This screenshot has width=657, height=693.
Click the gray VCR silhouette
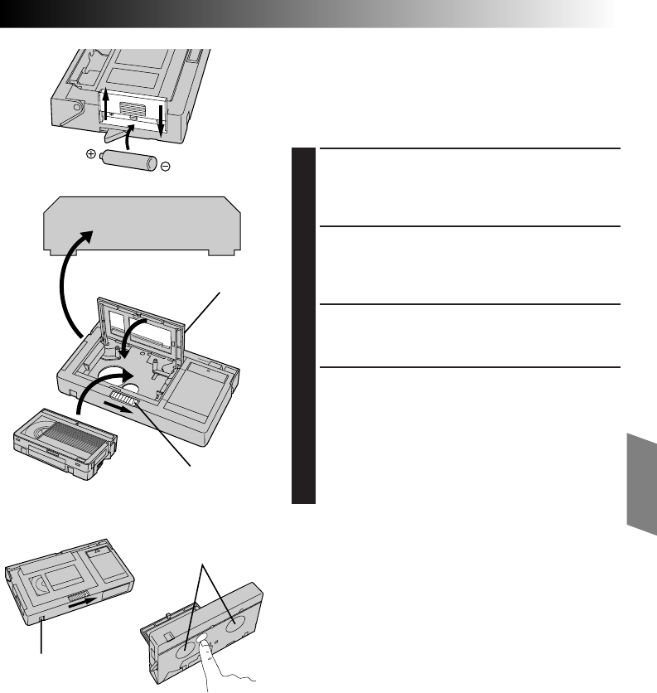tap(138, 224)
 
